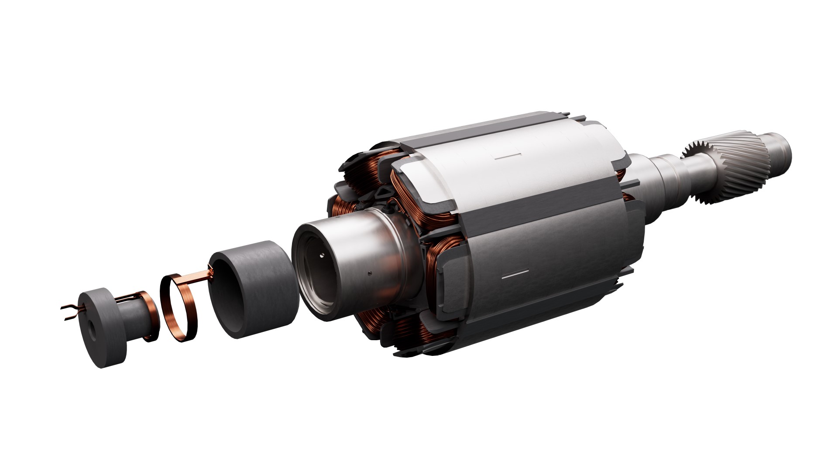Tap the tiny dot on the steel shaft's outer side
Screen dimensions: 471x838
coord(370,274)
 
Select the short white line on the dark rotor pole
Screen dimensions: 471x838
coord(515,276)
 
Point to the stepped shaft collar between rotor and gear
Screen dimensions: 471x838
coord(668,174)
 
